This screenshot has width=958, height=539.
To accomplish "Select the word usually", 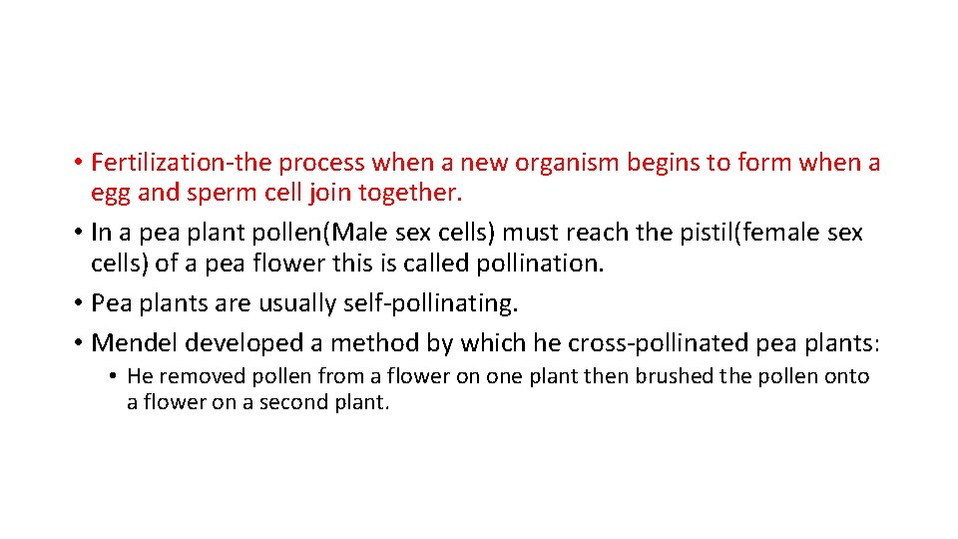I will coord(306,302).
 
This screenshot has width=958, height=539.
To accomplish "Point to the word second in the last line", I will coord(295,403).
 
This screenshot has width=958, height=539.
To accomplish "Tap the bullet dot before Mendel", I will coord(77,343).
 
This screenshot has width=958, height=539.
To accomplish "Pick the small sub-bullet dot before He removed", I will coord(115,377).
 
